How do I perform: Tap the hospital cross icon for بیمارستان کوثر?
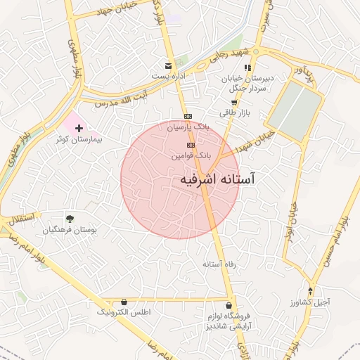click(x=79, y=128)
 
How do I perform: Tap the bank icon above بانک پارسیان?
click(x=188, y=116)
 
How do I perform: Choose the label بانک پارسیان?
click(x=188, y=127)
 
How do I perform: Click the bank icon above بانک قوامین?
click(x=191, y=144)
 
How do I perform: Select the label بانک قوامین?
click(x=192, y=154)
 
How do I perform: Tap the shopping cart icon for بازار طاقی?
click(x=233, y=102)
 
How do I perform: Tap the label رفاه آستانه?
click(x=218, y=265)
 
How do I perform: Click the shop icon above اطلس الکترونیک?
click(x=124, y=301)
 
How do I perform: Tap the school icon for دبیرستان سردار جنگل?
click(x=247, y=67)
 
